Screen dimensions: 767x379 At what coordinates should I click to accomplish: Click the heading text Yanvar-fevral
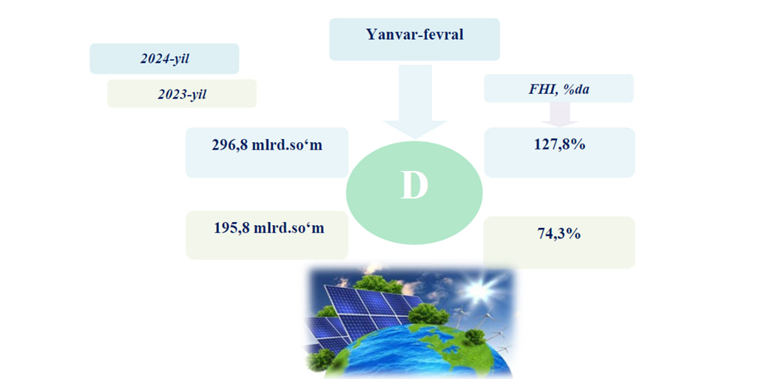[414, 35]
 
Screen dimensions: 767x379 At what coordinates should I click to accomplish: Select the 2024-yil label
[165, 59]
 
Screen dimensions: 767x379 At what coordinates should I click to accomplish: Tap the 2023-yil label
[182, 94]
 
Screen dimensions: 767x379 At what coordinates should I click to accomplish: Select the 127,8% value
[560, 145]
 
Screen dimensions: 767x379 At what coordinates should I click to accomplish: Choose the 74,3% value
[558, 234]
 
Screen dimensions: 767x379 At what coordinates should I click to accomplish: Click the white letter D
[414, 185]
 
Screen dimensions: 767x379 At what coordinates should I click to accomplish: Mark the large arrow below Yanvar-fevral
[415, 101]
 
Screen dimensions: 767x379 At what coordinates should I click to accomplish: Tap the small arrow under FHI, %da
[560, 115]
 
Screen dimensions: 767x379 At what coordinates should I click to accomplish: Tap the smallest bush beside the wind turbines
[473, 336]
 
